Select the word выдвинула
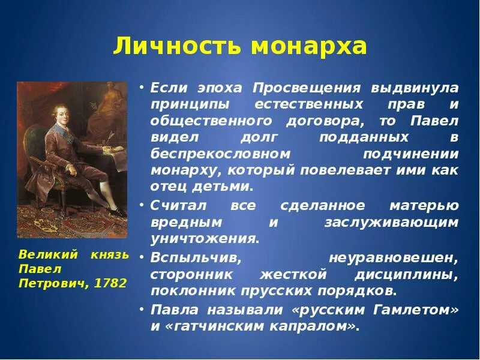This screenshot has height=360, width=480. pyautogui.click(x=415, y=88)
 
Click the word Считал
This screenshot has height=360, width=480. pyautogui.click(x=178, y=206)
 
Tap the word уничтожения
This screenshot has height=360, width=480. pyautogui.click(x=205, y=238)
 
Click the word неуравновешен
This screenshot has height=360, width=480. pyautogui.click(x=394, y=258)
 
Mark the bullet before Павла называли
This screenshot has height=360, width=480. pyautogui.click(x=141, y=310)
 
